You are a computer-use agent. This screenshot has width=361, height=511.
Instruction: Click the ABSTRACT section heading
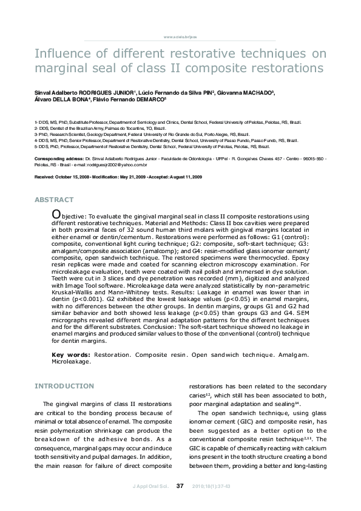(54, 200)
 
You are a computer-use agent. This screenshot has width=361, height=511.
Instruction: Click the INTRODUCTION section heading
(64, 386)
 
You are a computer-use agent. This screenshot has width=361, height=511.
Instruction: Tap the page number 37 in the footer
(180, 486)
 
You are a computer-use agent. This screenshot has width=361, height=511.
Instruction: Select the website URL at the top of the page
(180, 38)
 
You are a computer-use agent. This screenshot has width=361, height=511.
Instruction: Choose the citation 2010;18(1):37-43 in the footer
(211, 486)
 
